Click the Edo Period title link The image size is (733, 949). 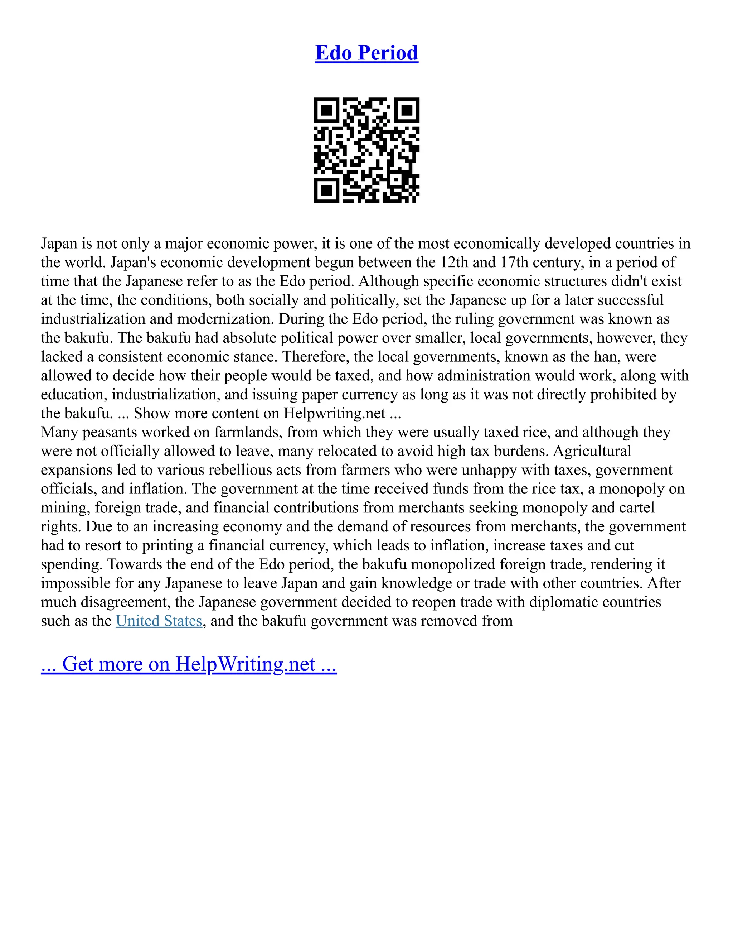(x=366, y=53)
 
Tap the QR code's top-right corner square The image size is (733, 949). (x=407, y=110)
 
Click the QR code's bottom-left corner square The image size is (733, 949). (x=326, y=190)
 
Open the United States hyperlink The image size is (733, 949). (x=159, y=621)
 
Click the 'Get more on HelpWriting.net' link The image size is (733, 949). (x=189, y=664)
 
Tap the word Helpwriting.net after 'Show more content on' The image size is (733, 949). (x=334, y=413)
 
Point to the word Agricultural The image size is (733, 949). (x=592, y=451)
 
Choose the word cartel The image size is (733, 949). (x=637, y=507)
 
